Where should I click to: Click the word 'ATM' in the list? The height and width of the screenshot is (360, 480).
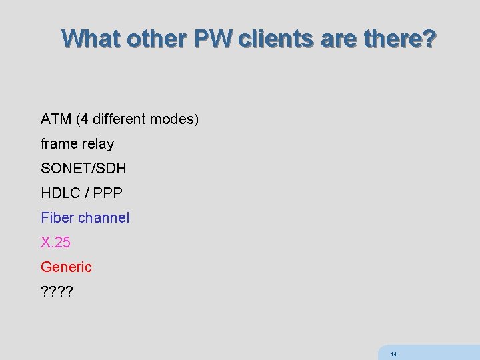click(x=56, y=119)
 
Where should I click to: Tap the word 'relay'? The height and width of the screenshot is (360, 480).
click(x=97, y=144)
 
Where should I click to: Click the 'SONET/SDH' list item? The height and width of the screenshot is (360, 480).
click(x=83, y=169)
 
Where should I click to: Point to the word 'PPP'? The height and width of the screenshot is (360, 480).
click(x=108, y=193)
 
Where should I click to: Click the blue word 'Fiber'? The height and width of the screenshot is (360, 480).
click(x=57, y=218)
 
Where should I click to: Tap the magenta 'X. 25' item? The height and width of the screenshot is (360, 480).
click(x=55, y=243)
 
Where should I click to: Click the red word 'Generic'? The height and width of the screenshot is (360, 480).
click(x=66, y=267)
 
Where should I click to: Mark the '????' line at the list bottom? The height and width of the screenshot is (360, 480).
click(x=57, y=292)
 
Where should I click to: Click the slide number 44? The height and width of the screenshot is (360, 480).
click(x=393, y=354)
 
